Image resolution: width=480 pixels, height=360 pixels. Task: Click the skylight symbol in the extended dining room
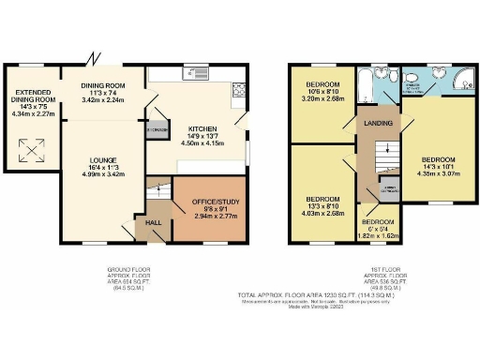point(31,148)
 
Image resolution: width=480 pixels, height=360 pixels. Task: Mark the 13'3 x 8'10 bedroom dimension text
point(322,209)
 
